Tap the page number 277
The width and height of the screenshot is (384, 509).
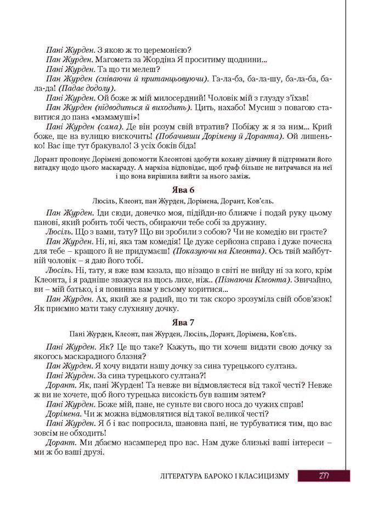click(x=324, y=475)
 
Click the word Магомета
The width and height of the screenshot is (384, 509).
click(x=117, y=59)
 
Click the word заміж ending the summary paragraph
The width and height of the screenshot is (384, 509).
click(x=240, y=176)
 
